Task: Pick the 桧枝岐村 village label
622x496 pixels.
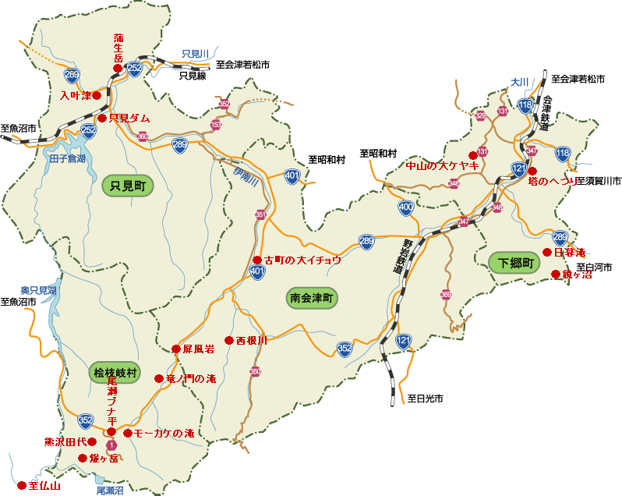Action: (115, 374)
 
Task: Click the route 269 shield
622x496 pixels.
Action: (72, 75)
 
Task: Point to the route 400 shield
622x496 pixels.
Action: (405, 207)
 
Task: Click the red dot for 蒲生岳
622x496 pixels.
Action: (118, 69)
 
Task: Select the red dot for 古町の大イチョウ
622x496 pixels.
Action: (257, 260)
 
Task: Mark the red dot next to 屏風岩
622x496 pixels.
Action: (175, 349)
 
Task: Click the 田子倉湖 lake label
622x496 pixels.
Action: (67, 158)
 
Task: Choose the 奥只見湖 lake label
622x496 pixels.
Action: (38, 290)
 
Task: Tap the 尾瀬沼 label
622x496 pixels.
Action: (110, 491)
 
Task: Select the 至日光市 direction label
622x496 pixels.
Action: (425, 399)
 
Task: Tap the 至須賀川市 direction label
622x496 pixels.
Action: (599, 180)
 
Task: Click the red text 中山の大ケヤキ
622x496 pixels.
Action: (442, 166)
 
